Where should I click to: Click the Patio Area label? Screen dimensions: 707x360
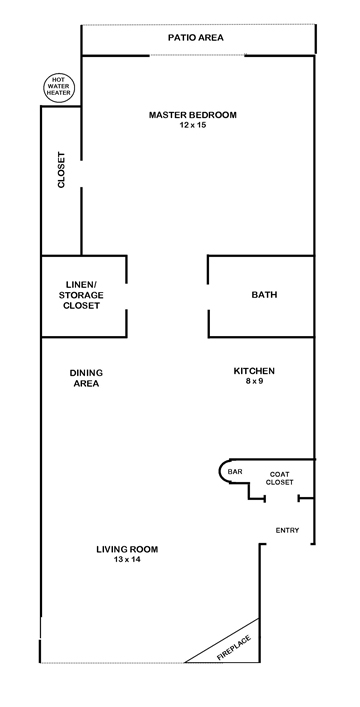coord(195,38)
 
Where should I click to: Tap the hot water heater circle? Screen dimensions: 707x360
coord(54,87)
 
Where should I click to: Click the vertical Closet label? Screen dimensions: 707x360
coord(61,171)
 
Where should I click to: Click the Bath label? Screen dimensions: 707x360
coord(264,295)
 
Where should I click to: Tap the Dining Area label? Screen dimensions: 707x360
coord(86,377)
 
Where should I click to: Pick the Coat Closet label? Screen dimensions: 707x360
coord(279,478)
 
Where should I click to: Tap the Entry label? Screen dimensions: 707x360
coord(286,530)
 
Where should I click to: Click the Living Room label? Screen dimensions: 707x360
coord(127,549)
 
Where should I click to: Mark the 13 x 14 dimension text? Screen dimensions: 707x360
coord(127,560)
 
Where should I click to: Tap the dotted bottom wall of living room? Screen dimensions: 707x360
coord(110,663)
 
